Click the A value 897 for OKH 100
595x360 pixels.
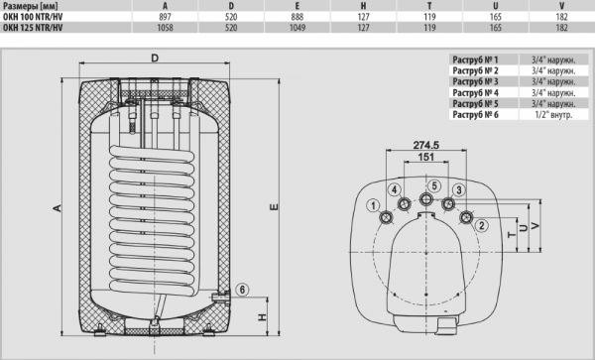point(165,17)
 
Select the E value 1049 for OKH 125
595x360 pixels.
point(297,28)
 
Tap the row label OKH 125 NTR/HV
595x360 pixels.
point(33,28)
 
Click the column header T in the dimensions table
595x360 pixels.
point(429,6)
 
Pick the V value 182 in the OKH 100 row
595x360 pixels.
point(561,17)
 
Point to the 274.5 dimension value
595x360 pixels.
point(426,145)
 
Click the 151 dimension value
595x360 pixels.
point(426,157)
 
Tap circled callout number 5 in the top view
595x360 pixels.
point(434,185)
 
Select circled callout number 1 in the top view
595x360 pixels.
point(374,206)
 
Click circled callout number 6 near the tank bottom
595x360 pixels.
point(242,291)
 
